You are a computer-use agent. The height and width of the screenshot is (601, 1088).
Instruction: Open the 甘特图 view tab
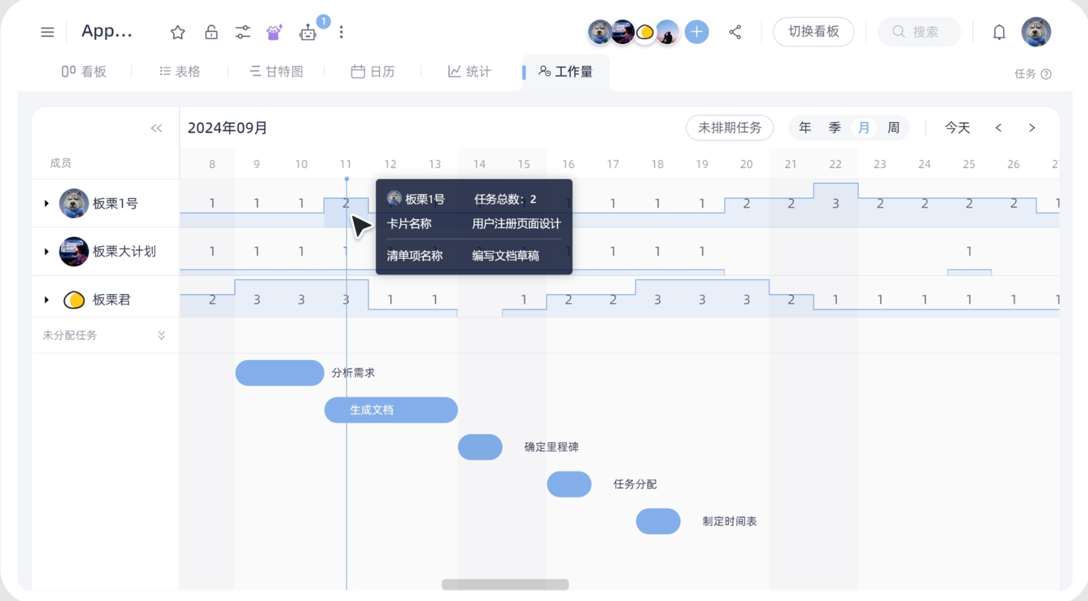(x=276, y=72)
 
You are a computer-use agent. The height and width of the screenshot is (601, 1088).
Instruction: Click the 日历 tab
(x=372, y=72)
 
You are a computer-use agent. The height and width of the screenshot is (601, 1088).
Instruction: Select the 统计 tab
(x=469, y=72)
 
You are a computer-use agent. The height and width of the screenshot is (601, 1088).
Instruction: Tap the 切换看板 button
(x=814, y=31)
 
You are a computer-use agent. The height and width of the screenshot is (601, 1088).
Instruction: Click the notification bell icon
(x=999, y=32)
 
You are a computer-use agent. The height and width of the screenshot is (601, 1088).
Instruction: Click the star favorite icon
(x=178, y=32)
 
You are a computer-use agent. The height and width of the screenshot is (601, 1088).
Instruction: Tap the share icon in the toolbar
(x=735, y=32)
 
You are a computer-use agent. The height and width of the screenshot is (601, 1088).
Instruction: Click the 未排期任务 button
(x=729, y=127)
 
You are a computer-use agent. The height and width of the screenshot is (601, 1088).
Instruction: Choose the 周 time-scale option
(x=893, y=127)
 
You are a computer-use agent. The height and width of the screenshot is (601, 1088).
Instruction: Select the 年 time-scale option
(x=805, y=127)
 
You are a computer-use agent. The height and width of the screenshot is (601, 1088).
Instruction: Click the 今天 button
(x=957, y=127)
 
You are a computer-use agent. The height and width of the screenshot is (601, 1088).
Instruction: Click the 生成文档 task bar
(x=391, y=410)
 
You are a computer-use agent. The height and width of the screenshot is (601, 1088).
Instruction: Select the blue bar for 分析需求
(x=280, y=373)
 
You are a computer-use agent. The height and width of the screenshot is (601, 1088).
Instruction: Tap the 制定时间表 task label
(x=729, y=521)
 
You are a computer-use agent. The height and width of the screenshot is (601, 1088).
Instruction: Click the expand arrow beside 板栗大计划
(x=46, y=252)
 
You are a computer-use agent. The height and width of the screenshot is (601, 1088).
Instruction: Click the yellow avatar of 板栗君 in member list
(x=74, y=300)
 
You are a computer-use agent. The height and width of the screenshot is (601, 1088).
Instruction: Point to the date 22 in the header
(x=835, y=164)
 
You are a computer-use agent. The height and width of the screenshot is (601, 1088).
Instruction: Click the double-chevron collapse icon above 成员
(x=156, y=128)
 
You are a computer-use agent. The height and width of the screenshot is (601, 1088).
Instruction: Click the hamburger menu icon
(x=47, y=32)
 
